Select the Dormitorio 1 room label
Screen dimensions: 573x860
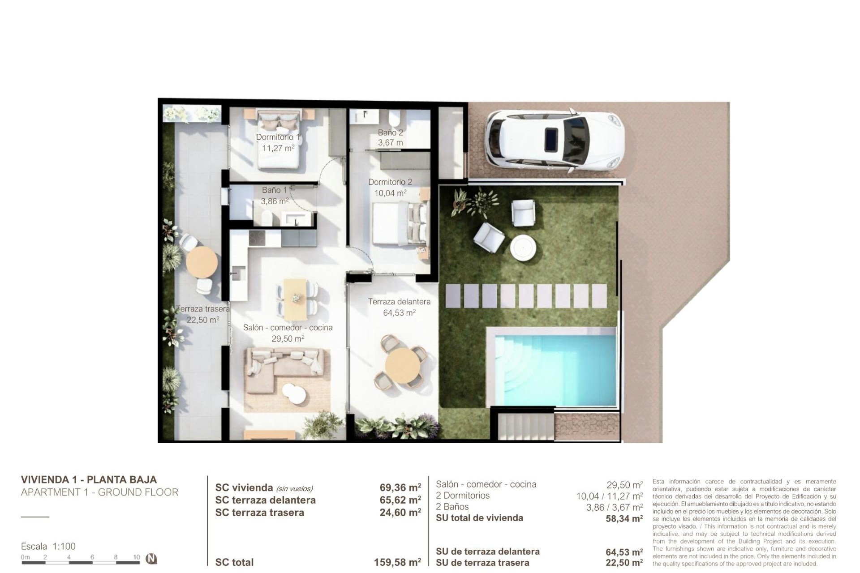click(278, 137)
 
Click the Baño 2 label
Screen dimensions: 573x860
click(390, 133)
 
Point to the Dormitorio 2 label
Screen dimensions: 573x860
click(390, 182)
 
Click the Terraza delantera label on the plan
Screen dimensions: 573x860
click(399, 302)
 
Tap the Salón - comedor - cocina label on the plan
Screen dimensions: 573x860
click(288, 328)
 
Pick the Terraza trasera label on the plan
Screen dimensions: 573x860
click(202, 309)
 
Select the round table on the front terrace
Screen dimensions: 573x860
click(403, 366)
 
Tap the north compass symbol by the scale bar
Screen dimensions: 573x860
click(151, 559)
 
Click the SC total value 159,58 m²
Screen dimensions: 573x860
click(397, 562)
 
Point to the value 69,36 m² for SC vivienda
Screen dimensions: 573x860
click(400, 487)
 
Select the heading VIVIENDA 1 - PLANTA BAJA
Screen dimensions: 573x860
click(89, 479)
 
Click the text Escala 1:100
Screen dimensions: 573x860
click(48, 546)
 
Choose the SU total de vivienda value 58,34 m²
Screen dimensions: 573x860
click(624, 518)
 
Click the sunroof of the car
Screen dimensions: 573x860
click(550, 138)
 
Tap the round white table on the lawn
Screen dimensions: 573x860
click(523, 247)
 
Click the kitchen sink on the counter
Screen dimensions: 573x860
click(238, 271)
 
